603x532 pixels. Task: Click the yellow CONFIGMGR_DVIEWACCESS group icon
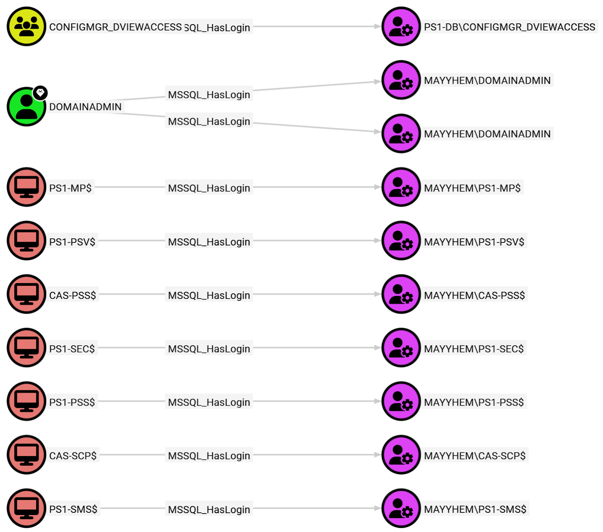26,26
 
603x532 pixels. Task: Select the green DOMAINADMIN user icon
26,107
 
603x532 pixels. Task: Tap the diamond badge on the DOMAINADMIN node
40,92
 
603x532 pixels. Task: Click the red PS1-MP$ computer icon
26,187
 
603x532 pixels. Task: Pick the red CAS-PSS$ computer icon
26,294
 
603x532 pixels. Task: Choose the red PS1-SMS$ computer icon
26,508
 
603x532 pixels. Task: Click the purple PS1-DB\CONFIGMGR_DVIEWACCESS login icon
401,26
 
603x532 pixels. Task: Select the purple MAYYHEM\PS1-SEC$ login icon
401,348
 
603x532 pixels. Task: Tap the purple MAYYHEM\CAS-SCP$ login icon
401,455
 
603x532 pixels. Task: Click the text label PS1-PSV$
72,242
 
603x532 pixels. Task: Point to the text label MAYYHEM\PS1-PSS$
474,402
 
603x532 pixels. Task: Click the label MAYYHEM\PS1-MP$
472,188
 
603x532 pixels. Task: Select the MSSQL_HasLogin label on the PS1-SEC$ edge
209,349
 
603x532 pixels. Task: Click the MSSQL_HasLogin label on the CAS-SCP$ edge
209,456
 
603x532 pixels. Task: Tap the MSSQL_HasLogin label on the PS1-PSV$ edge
209,242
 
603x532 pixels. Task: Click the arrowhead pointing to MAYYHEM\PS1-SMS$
377,508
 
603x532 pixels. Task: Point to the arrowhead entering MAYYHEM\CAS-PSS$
377,294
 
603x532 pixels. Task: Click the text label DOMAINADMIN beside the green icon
85,107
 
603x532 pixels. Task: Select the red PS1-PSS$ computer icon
26,401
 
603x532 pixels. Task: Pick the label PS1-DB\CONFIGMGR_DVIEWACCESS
510,27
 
